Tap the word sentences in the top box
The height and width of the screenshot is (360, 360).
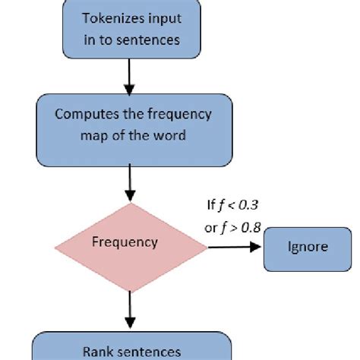click(x=151, y=39)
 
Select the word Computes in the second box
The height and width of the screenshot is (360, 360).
click(x=82, y=116)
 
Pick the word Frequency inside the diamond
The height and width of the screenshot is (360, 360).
click(x=125, y=243)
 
